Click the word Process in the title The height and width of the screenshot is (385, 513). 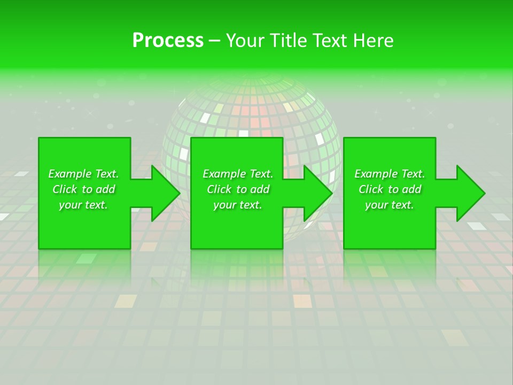(x=168, y=41)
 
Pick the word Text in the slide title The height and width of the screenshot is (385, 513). (x=331, y=41)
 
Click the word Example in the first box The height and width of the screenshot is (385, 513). (x=69, y=174)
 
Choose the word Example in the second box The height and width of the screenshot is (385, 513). (x=223, y=174)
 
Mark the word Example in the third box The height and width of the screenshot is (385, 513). (x=375, y=174)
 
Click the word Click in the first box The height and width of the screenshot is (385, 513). (x=65, y=189)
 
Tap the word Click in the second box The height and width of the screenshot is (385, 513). (x=219, y=189)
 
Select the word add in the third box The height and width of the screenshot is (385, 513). (x=410, y=189)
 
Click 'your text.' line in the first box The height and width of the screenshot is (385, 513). (x=83, y=205)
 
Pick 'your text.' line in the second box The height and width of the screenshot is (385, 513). (x=238, y=205)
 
